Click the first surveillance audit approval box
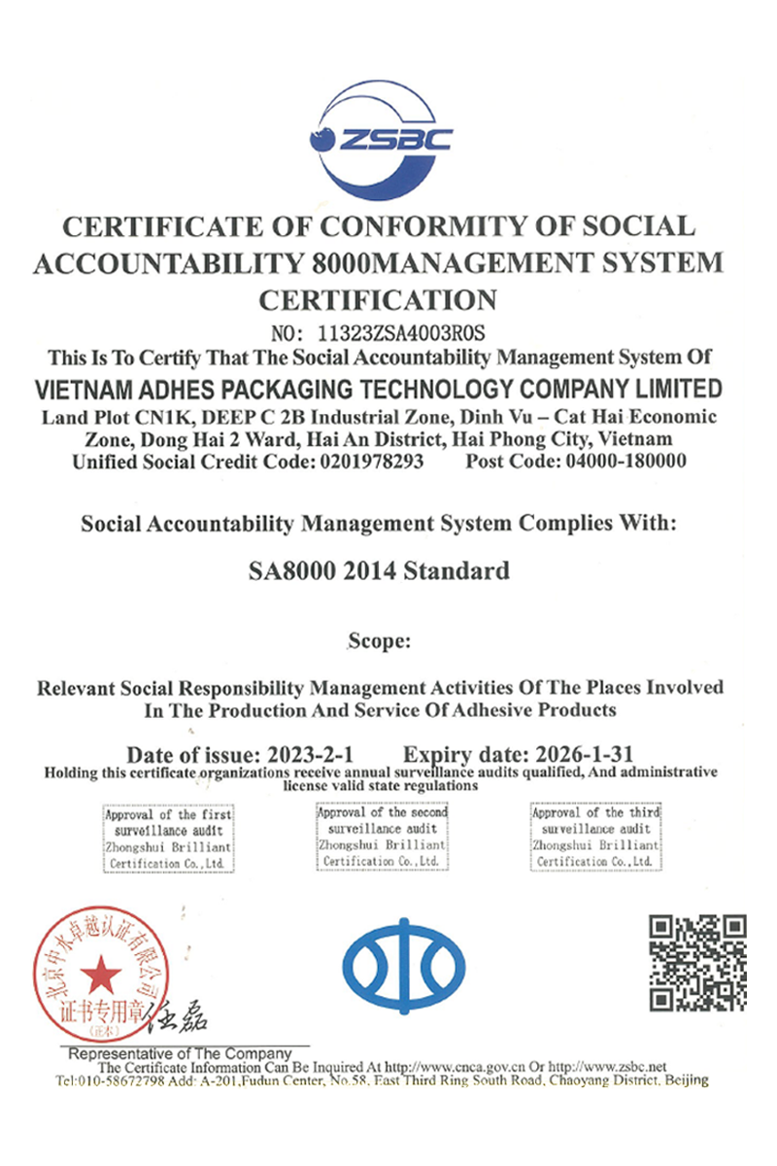(x=168, y=838)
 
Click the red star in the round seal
(x=100, y=975)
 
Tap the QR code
(x=697, y=962)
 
